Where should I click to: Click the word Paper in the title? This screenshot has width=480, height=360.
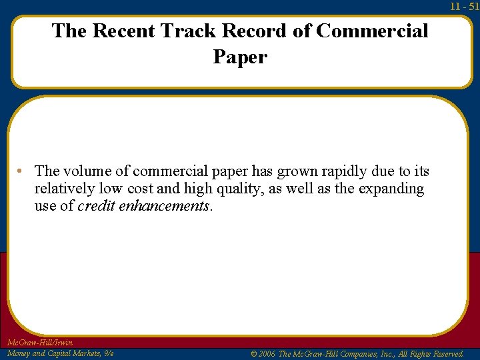tap(240, 58)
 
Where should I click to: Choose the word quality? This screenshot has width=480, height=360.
tap(229, 189)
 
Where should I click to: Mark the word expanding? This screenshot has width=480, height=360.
tap(391, 189)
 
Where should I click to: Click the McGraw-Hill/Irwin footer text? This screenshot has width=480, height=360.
tap(39, 343)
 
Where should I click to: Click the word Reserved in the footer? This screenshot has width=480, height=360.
tap(443, 354)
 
